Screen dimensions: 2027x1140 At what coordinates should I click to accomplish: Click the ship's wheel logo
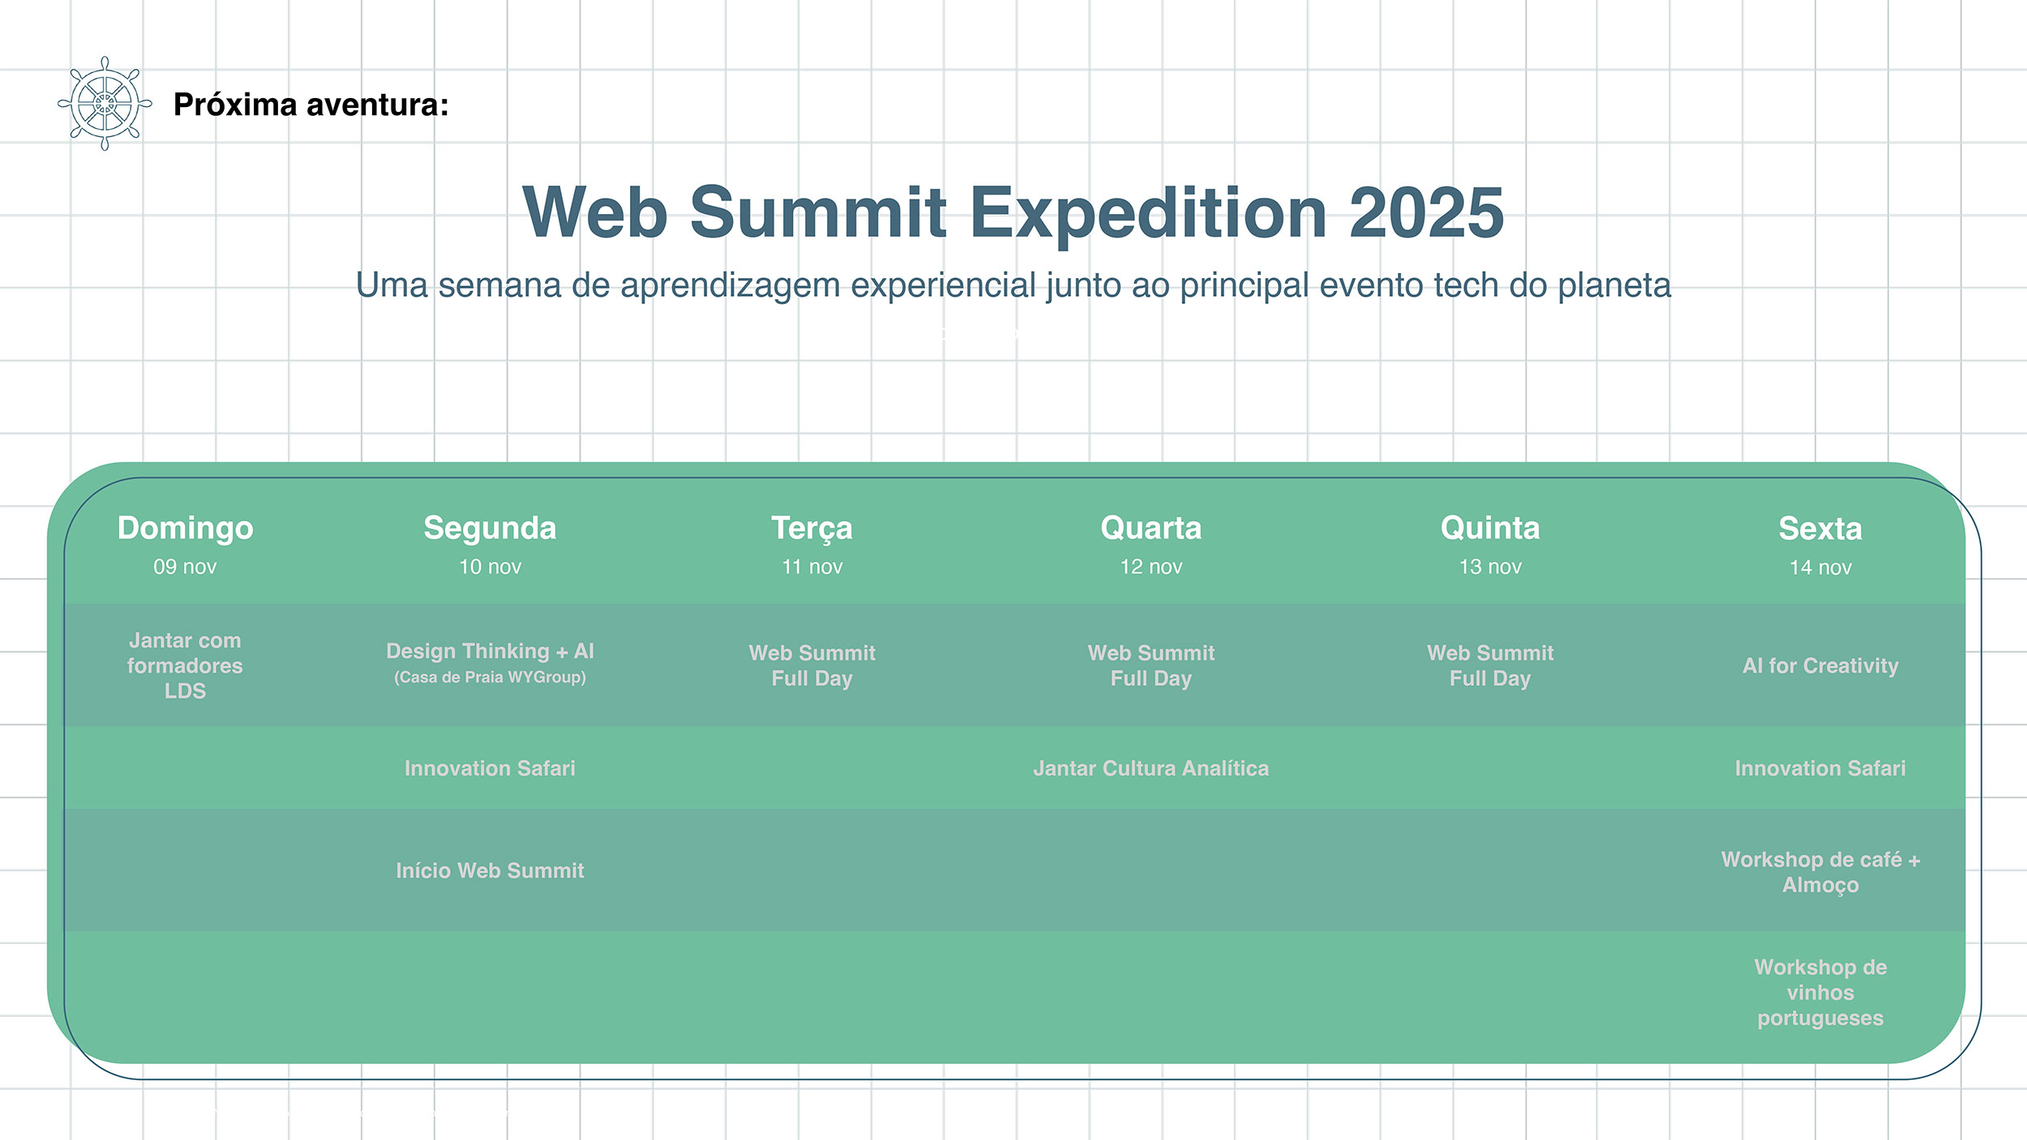click(x=105, y=104)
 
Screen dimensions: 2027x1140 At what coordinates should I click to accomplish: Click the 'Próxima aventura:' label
click(x=311, y=105)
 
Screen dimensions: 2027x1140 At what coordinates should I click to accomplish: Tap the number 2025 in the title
click(x=1426, y=212)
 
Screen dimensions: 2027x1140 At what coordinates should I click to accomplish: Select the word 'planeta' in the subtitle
click(x=1614, y=285)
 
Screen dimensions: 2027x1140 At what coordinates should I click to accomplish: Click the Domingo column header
click(x=185, y=528)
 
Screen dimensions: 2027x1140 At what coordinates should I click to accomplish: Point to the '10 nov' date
click(x=490, y=567)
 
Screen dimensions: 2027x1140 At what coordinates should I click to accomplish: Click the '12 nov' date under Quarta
click(x=1151, y=567)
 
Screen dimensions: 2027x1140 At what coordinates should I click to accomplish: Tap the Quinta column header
click(x=1489, y=529)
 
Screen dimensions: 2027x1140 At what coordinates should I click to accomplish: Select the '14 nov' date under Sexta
click(x=1820, y=568)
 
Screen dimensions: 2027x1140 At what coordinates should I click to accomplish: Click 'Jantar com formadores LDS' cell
click(x=185, y=666)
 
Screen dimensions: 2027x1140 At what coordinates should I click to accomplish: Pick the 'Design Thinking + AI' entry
click(x=490, y=651)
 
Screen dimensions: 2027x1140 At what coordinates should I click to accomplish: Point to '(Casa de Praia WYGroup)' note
click(x=490, y=677)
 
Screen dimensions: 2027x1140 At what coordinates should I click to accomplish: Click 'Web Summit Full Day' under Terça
click(x=812, y=666)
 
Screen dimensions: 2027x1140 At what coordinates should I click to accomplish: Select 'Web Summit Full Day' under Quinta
click(x=1489, y=666)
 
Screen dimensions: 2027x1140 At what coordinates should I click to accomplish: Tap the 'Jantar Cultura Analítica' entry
click(x=1151, y=768)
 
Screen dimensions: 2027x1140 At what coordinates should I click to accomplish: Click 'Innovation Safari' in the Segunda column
click(x=490, y=768)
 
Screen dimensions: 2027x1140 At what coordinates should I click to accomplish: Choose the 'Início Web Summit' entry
click(x=490, y=870)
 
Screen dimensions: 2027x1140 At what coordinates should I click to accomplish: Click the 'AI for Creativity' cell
click(x=1820, y=666)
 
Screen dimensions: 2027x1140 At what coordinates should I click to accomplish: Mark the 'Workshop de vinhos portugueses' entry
click(x=1820, y=992)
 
